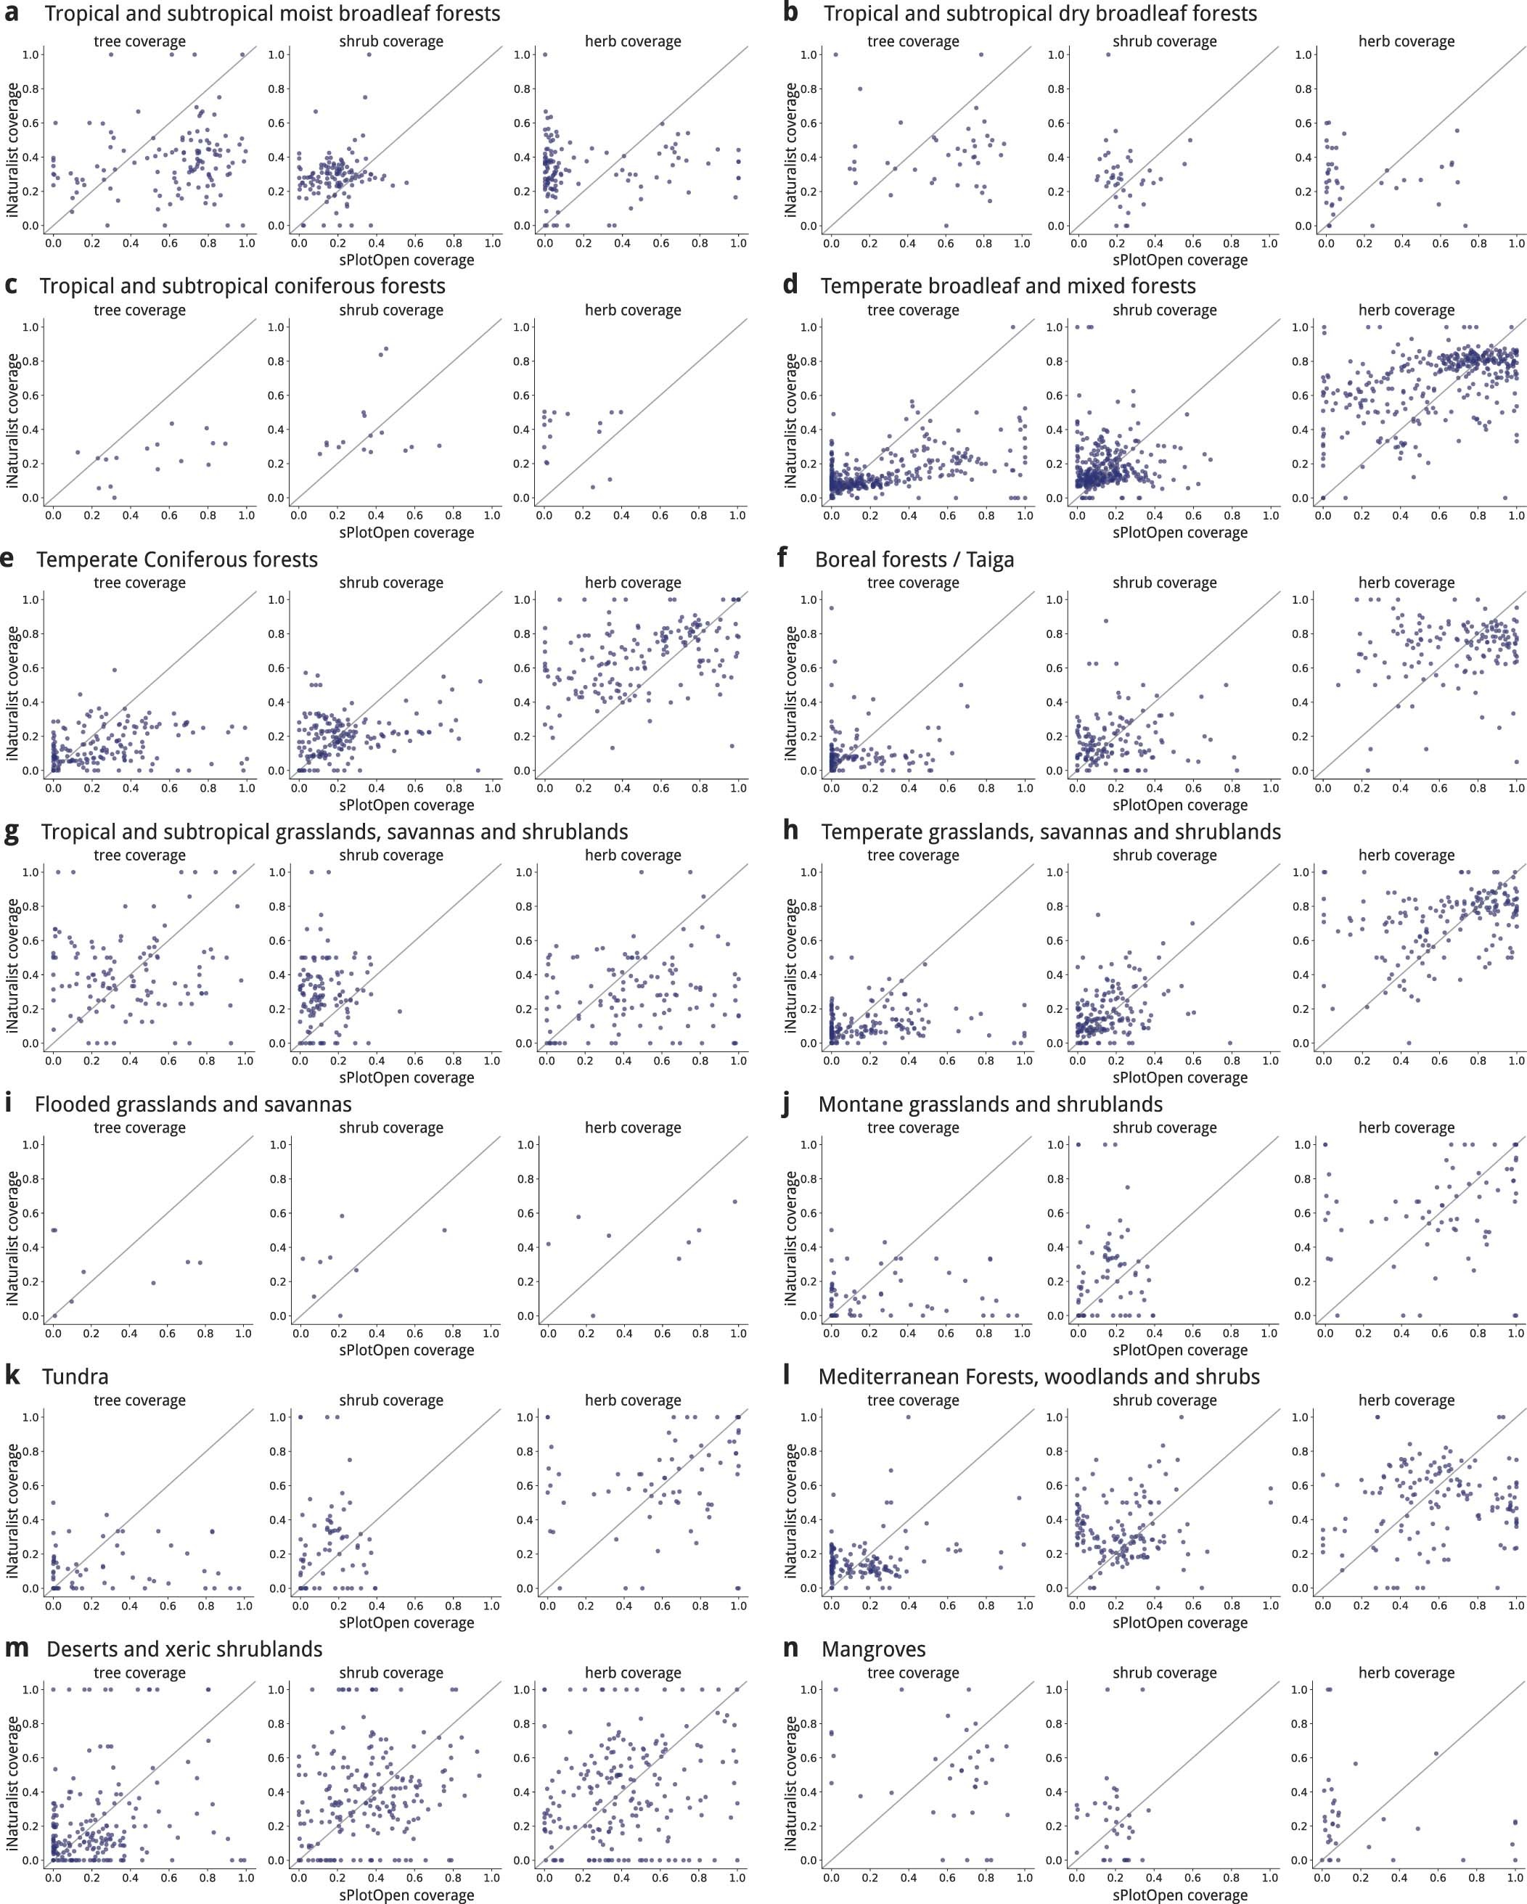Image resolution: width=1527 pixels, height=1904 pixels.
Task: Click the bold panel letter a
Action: [x=13, y=12]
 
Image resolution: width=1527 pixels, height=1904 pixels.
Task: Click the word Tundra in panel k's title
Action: [x=75, y=1376]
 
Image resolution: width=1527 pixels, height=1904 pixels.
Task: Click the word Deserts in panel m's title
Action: [x=81, y=1649]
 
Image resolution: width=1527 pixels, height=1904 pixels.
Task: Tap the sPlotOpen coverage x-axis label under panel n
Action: [x=1179, y=1895]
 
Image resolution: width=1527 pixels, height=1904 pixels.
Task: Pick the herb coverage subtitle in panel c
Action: [x=632, y=310]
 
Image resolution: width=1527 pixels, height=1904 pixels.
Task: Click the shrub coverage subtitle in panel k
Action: [x=390, y=1400]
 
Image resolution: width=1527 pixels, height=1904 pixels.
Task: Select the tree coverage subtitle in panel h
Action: [x=912, y=855]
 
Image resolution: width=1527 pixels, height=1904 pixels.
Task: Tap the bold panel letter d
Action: [x=790, y=285]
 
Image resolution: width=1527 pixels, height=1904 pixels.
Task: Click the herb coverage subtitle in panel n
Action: [x=1406, y=1673]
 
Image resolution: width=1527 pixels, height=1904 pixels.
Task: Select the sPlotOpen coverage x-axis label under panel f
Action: [x=1179, y=805]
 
